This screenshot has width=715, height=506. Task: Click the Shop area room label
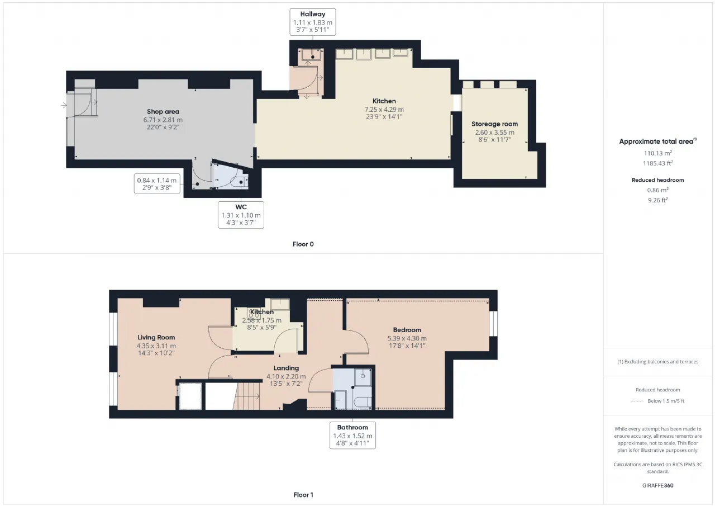163,111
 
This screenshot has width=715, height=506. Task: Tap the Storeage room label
494,124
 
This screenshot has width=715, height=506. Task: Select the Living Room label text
156,337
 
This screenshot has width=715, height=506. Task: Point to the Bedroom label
407,330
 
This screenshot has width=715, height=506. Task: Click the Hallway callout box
312,22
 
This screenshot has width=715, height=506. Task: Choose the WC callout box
241,215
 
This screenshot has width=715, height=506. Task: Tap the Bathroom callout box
352,436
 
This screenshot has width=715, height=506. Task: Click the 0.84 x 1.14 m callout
157,184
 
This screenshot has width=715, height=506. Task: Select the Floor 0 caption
303,244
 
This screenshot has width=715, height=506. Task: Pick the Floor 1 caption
303,495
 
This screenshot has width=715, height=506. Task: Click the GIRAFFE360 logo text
657,485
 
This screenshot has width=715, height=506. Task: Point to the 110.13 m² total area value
658,153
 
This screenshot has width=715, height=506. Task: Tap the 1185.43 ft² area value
658,163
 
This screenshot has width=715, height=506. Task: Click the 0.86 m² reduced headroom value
658,190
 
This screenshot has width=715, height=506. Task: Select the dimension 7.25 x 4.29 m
384,109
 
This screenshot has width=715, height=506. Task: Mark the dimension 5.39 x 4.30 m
407,338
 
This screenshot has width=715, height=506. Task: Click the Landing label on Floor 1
286,368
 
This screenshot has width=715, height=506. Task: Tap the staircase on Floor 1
246,396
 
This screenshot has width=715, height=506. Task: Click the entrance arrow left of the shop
64,105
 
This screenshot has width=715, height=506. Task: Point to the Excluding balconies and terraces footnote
657,362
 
